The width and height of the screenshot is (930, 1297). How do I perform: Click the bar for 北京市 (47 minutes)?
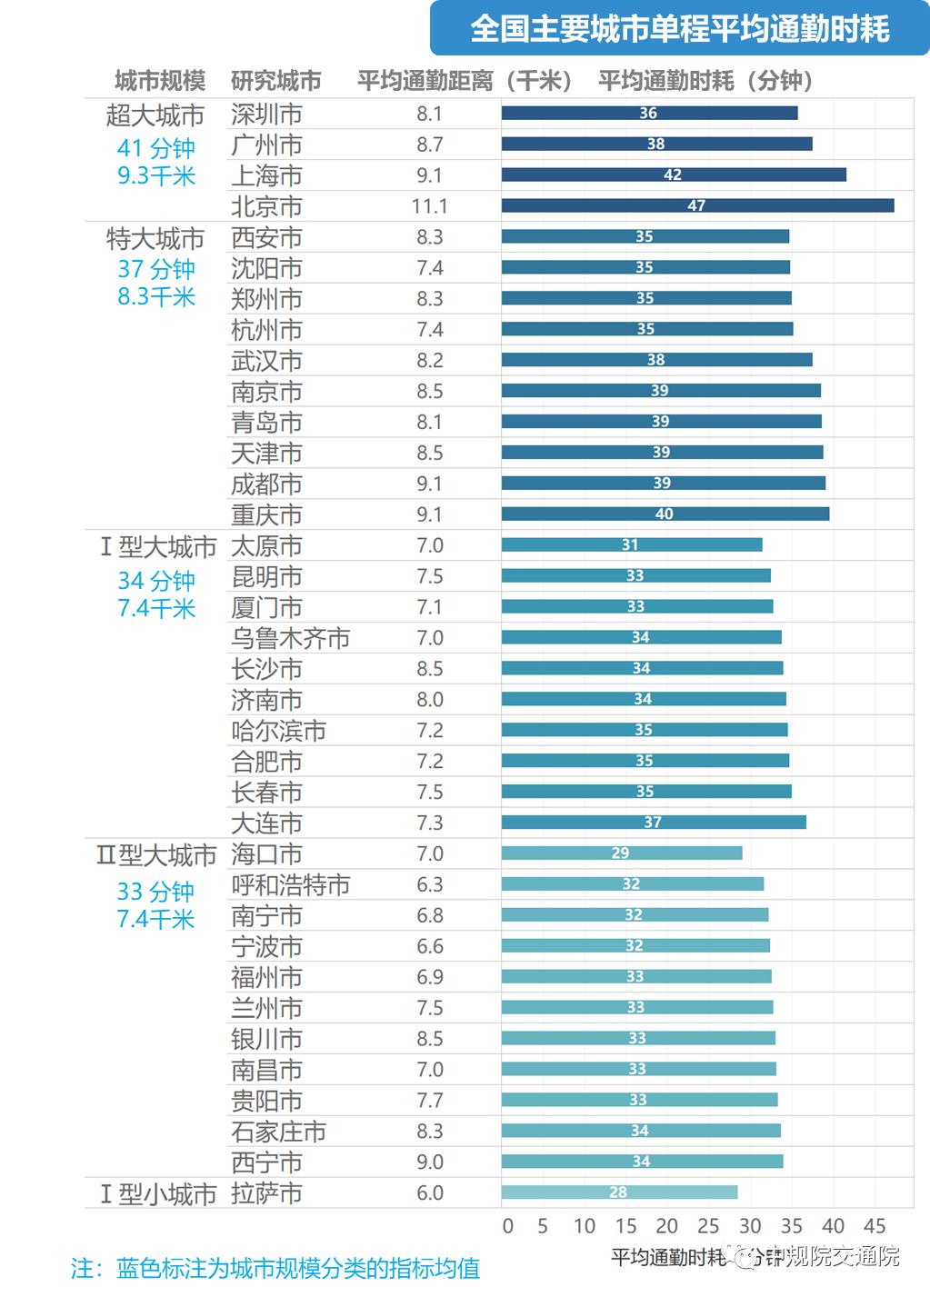(x=697, y=205)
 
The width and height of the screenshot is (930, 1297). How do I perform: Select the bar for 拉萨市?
(x=619, y=1192)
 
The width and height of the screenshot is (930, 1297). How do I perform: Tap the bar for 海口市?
(x=621, y=853)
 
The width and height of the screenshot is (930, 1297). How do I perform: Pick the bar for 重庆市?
(x=665, y=514)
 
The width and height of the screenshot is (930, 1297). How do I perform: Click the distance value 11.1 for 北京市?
(x=429, y=206)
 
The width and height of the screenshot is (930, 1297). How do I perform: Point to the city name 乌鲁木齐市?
(x=290, y=638)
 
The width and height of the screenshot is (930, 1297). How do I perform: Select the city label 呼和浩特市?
(x=290, y=885)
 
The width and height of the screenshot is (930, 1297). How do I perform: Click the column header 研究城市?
(x=275, y=81)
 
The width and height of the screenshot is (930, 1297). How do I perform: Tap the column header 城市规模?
(x=160, y=81)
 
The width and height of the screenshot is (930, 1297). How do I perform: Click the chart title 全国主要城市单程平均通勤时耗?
(x=679, y=29)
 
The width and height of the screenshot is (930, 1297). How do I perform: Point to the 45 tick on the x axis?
(x=874, y=1225)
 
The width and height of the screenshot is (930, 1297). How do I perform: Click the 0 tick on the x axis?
(x=507, y=1225)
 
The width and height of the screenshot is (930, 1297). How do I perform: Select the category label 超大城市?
(x=155, y=115)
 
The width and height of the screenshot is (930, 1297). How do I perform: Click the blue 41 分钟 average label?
(x=155, y=147)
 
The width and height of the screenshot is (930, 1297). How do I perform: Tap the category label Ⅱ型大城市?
(x=156, y=855)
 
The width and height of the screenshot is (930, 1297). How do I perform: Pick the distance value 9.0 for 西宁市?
(x=430, y=1162)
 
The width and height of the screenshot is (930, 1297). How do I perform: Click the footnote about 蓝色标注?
(x=275, y=1268)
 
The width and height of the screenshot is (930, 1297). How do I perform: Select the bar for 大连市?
(x=653, y=823)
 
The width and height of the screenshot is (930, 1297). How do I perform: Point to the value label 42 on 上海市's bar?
(x=673, y=175)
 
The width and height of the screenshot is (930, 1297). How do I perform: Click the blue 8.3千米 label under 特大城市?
(x=156, y=296)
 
